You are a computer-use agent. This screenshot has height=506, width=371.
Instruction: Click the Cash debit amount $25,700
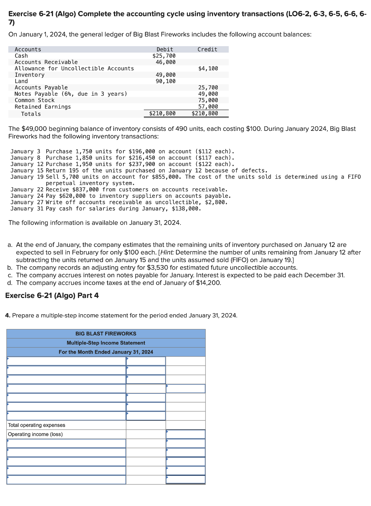pyautogui.click(x=164, y=56)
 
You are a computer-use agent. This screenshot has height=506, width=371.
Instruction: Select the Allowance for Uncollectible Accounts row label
pyautogui.click(x=74, y=68)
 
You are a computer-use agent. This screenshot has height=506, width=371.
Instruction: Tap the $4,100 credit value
pyautogui.click(x=208, y=68)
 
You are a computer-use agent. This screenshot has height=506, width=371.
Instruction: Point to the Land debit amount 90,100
pyautogui.click(x=165, y=81)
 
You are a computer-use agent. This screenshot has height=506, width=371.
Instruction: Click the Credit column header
pyautogui.click(x=207, y=50)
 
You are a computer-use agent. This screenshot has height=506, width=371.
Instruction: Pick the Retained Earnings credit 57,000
pyautogui.click(x=208, y=107)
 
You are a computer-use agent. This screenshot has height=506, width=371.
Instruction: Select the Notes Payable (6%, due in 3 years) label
pyautogui.click(x=71, y=94)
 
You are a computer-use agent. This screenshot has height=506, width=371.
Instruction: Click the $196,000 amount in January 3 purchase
pyautogui.click(x=142, y=151)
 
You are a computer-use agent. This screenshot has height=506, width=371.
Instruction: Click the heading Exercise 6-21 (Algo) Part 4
pyautogui.click(x=52, y=295)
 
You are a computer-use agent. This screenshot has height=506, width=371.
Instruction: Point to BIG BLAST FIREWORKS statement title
pyautogui.click(x=106, y=334)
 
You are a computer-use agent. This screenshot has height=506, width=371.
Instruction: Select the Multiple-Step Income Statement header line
pyautogui.click(x=106, y=343)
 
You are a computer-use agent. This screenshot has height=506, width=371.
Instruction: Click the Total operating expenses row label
pyautogui.click(x=36, y=425)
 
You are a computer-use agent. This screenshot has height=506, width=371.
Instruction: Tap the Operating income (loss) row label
pyautogui.click(x=35, y=434)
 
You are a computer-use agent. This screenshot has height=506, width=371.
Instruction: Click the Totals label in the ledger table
pyautogui.click(x=31, y=114)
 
